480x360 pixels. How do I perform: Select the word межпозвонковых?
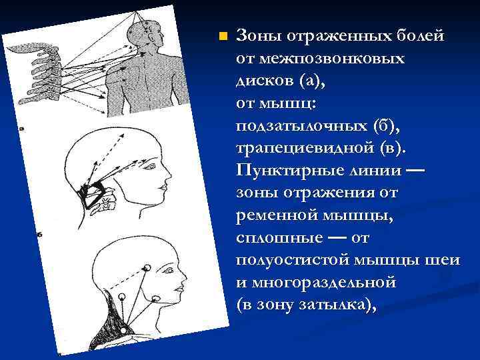click(x=320, y=59)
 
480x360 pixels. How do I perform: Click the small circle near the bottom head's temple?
click(x=147, y=267)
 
